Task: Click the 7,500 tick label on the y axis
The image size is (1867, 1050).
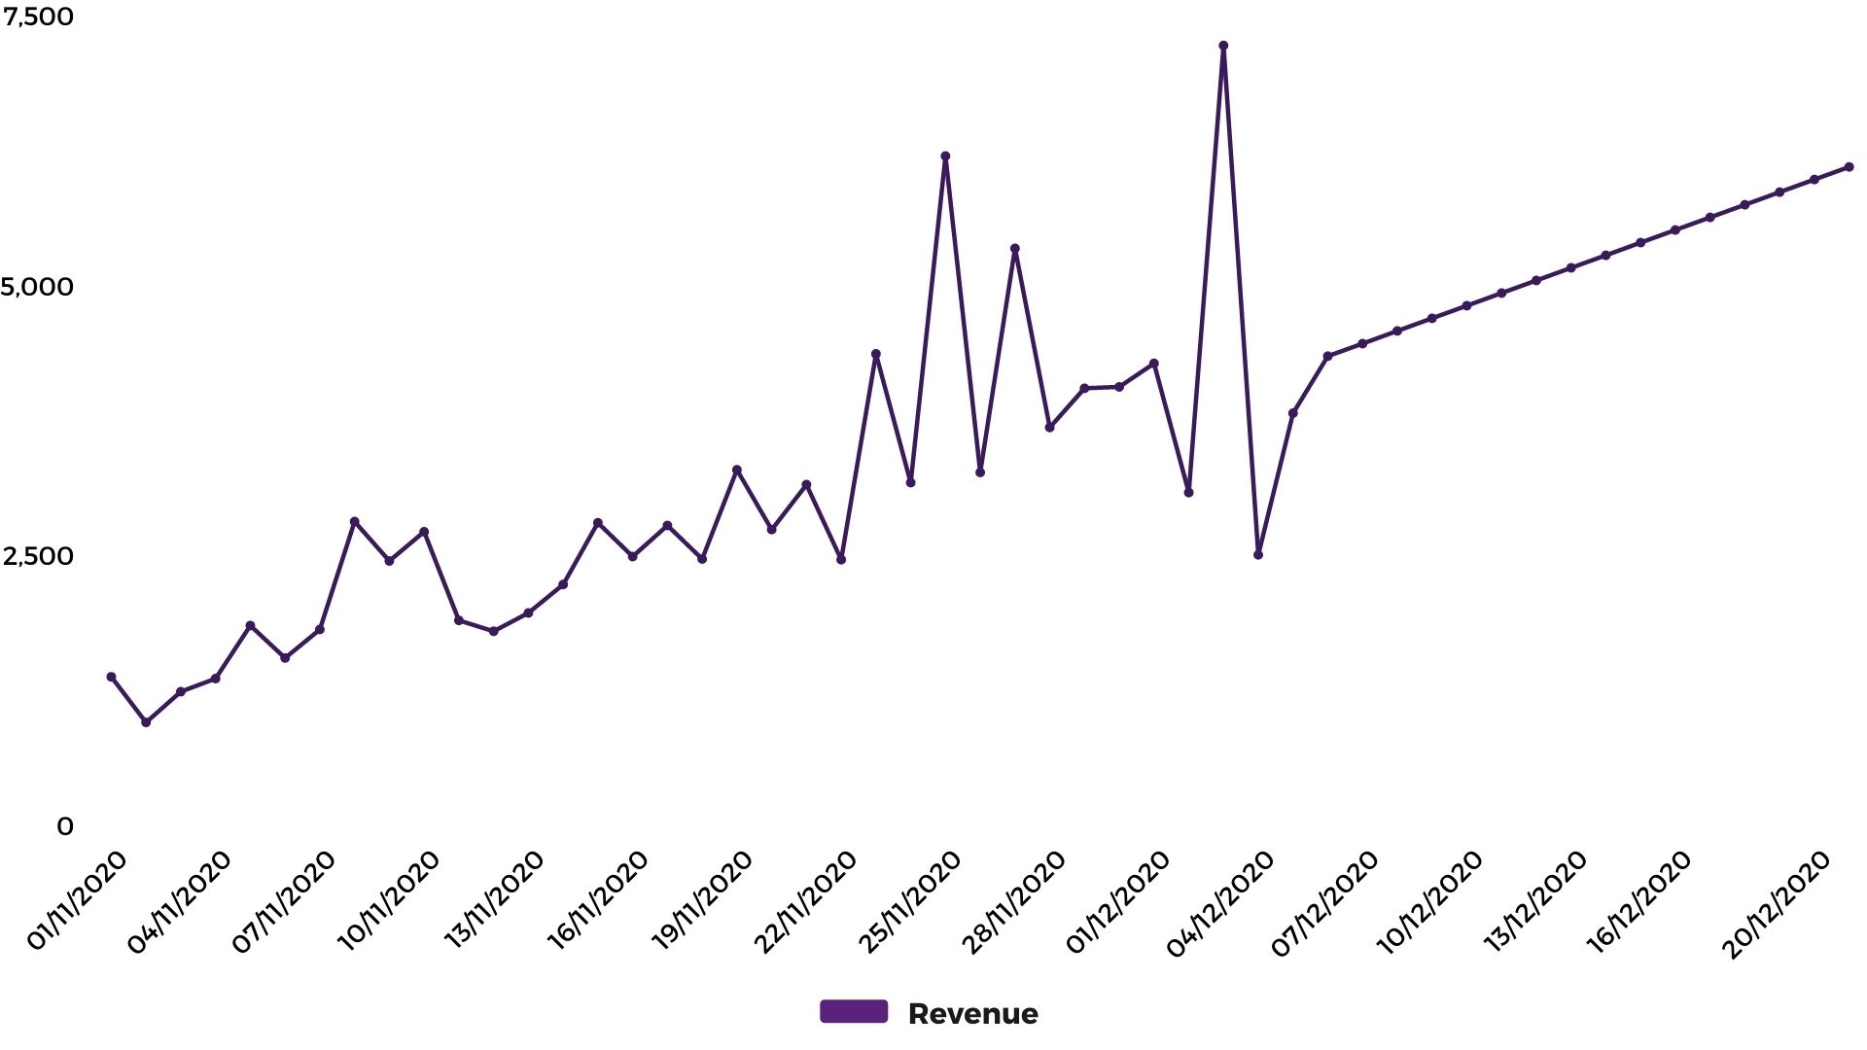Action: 38,17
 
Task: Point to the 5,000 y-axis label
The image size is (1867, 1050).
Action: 38,287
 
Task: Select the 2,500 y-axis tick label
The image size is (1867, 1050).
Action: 38,556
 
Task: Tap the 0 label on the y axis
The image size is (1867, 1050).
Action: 65,826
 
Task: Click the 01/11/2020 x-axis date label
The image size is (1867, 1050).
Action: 77,900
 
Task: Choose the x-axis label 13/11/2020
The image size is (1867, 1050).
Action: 494,900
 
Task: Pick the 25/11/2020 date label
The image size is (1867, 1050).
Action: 910,900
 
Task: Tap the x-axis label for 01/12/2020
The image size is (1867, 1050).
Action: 1118,900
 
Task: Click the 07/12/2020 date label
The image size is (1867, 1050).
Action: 1326,902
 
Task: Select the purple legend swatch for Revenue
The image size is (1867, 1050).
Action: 854,1012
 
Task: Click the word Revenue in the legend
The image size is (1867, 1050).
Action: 972,1014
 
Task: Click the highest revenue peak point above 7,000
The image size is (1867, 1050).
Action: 1223,46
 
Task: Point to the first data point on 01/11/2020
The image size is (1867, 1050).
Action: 111,677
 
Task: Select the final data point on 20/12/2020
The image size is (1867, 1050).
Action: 1849,167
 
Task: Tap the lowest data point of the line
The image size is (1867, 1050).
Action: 146,722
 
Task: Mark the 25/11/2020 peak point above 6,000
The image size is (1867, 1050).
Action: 945,157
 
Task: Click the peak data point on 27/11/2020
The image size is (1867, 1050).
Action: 1015,249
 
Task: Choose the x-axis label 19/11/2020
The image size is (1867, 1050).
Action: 702,900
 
